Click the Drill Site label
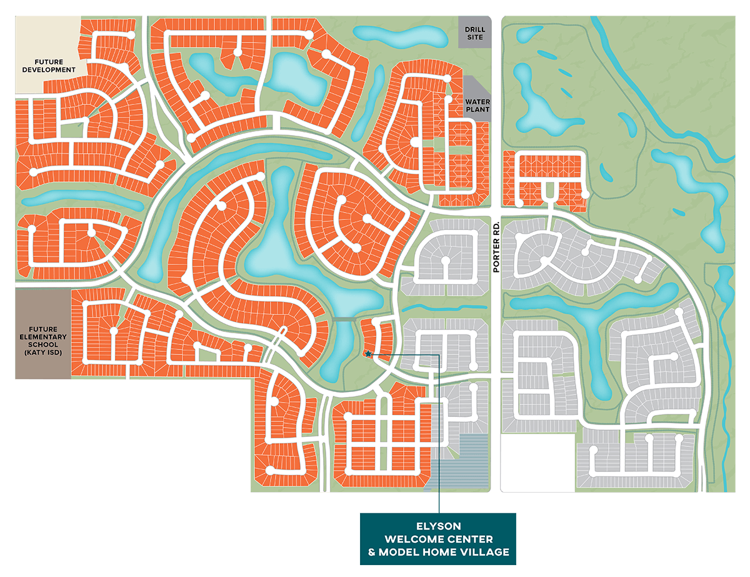pyautogui.click(x=474, y=33)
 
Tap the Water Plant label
pyautogui.click(x=477, y=105)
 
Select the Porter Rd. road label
pyautogui.click(x=497, y=246)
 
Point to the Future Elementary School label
pyautogui.click(x=42, y=341)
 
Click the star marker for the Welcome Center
pyautogui.click(x=369, y=354)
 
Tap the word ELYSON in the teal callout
pyautogui.click(x=437, y=526)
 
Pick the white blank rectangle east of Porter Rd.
pyautogui.click(x=537, y=463)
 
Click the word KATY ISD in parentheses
pyautogui.click(x=42, y=353)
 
